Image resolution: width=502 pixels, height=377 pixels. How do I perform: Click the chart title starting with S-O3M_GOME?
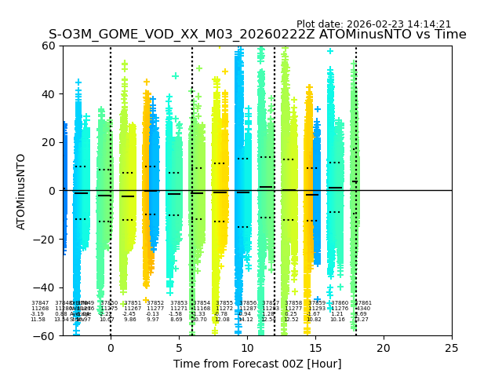pos(257,35)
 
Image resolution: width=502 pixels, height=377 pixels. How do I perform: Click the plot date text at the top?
pos(373,24)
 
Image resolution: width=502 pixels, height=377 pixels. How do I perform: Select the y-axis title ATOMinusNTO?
pos(21,191)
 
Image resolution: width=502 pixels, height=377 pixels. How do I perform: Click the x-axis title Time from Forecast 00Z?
pos(257,364)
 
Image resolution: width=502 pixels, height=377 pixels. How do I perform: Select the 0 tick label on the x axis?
pos(111,348)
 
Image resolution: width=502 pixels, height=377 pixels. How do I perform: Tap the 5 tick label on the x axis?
pos(179,348)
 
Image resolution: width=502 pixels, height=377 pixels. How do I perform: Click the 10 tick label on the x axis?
pos(247,348)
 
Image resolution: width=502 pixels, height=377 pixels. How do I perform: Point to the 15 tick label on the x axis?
pos(315,348)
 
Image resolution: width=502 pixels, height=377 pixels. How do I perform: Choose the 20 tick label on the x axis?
pos(384,348)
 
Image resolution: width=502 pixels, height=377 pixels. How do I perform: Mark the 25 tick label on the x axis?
pos(452,348)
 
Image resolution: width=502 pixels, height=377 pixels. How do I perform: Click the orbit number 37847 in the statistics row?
pos(40,302)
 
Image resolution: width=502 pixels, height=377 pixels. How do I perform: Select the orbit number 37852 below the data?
pos(155,302)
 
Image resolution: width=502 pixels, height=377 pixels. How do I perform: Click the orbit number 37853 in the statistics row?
pos(179,302)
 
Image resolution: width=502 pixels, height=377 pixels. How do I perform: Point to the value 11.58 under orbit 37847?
pos(38,320)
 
